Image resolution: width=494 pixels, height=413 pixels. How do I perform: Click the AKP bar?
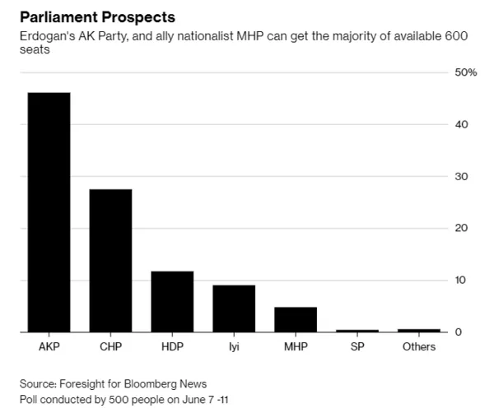click(x=49, y=212)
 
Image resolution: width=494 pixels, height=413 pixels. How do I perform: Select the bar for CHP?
click(x=110, y=261)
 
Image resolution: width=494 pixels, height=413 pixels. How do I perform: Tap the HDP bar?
click(x=172, y=302)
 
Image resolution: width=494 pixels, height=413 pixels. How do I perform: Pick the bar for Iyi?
click(x=234, y=309)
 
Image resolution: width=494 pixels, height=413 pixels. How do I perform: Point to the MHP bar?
click(x=296, y=319)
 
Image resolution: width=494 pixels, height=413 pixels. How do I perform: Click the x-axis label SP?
click(x=357, y=346)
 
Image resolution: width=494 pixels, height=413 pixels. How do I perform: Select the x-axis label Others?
click(x=419, y=346)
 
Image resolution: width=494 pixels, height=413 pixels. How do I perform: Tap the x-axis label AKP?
click(x=49, y=346)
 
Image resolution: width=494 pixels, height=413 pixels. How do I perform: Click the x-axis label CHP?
click(x=110, y=346)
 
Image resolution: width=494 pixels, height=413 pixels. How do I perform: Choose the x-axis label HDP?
click(x=172, y=346)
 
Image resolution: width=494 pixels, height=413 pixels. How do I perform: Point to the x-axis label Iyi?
click(x=234, y=346)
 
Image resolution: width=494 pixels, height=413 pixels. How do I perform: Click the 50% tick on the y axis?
click(x=466, y=72)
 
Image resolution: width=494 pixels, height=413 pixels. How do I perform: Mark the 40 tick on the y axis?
click(x=461, y=124)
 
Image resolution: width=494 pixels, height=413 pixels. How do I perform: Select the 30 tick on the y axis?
click(x=461, y=176)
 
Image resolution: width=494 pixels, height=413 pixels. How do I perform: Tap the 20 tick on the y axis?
click(x=461, y=228)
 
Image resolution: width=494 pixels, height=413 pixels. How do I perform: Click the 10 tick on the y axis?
click(x=460, y=280)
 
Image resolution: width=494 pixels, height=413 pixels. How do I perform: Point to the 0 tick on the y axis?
click(x=458, y=332)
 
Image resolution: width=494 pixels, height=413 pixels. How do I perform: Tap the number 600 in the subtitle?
click(x=456, y=36)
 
